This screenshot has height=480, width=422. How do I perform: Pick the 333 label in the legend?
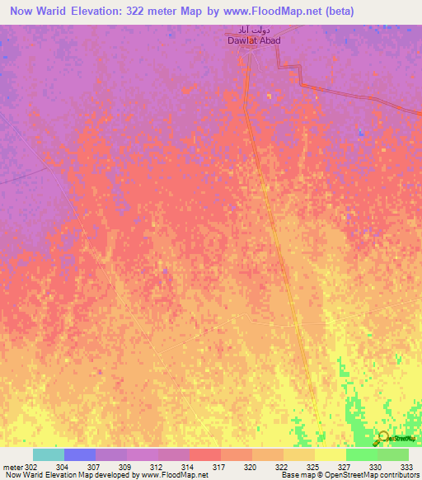coord(408,467)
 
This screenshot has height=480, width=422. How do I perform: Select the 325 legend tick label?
coord(313,467)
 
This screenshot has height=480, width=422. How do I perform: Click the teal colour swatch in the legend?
coord(49,454)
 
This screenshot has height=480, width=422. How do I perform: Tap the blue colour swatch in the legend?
coord(80,454)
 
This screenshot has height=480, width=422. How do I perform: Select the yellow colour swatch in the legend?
coord(330,454)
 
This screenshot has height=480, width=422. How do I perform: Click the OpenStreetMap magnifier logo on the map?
coord(381,438)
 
